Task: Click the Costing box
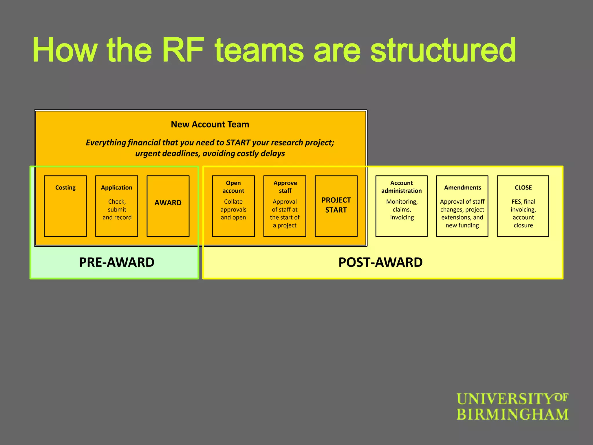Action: click(65, 206)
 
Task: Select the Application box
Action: click(117, 206)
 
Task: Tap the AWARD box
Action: click(168, 206)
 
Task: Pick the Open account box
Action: click(233, 206)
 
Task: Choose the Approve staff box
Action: click(285, 206)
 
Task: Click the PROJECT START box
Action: click(336, 206)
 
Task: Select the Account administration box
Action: click(401, 206)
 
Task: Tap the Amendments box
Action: click(462, 206)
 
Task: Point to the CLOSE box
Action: click(523, 206)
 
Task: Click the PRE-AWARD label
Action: click(117, 262)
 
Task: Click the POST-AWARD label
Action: click(380, 262)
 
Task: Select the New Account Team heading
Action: click(210, 124)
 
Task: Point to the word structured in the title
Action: click(443, 50)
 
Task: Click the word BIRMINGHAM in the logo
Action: click(512, 414)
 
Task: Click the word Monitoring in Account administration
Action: click(402, 202)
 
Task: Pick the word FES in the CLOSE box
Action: click(516, 202)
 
